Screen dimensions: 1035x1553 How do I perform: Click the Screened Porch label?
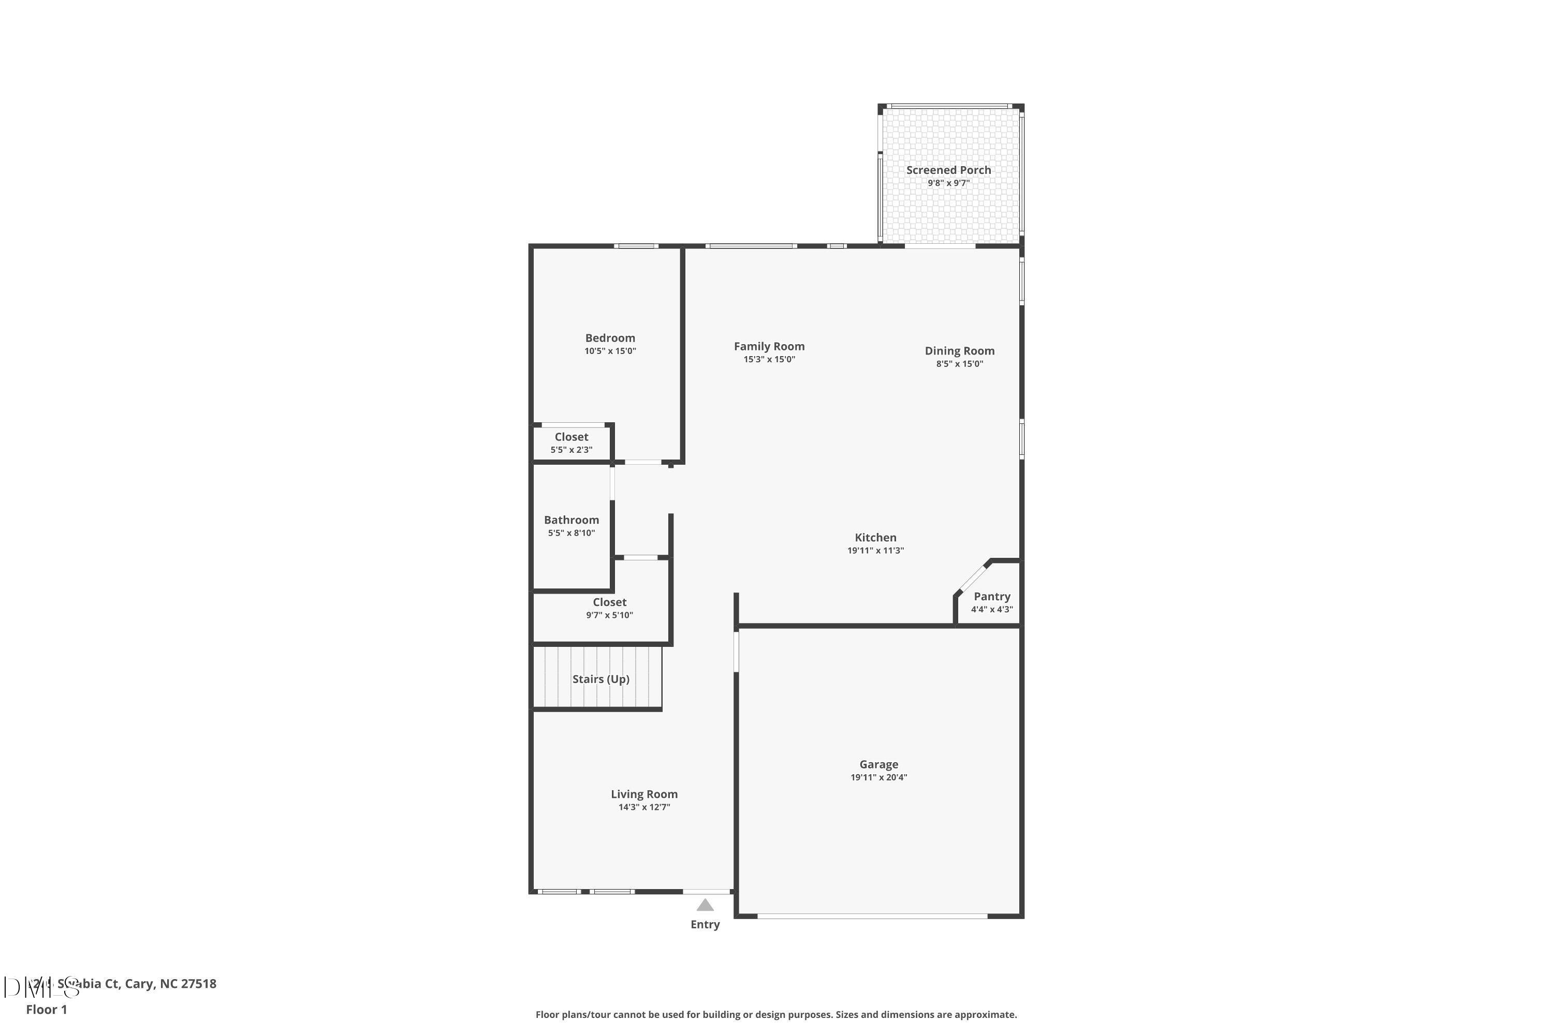coord(948,170)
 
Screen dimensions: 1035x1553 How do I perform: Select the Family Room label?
coord(769,346)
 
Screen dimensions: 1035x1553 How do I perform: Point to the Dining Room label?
coord(959,350)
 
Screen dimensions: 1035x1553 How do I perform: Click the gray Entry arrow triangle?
coord(705,905)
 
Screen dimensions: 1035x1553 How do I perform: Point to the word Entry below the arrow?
coord(705,925)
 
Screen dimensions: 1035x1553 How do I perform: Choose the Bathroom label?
coord(571,520)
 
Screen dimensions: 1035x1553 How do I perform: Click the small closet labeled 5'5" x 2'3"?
coord(571,443)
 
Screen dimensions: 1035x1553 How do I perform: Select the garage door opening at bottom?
coord(872,916)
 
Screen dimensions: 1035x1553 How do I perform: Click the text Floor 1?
coord(46,1009)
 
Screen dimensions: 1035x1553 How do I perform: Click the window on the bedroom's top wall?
coord(636,246)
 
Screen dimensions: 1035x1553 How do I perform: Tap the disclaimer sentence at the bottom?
coord(776,1014)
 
